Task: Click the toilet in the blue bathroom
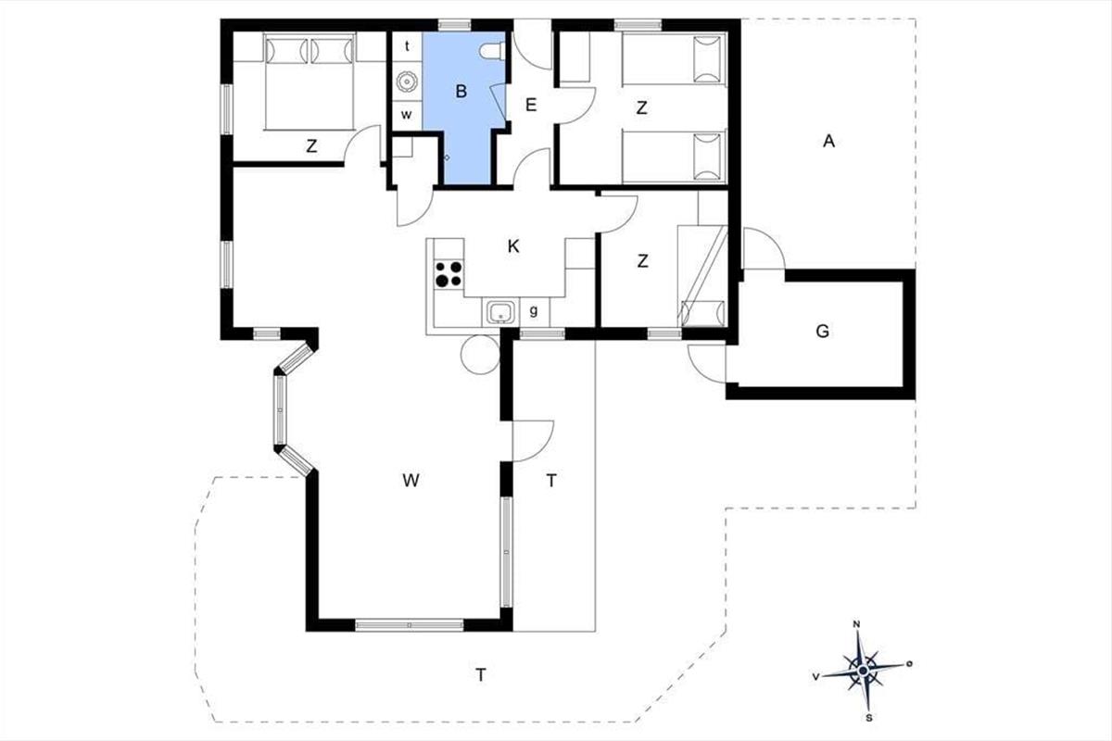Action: pos(492,51)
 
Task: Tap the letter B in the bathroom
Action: pos(461,92)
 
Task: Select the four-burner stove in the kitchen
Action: pos(449,274)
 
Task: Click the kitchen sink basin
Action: pos(500,313)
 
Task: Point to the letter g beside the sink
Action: pos(534,311)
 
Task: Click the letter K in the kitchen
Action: pos(513,246)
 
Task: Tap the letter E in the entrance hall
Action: pos(531,105)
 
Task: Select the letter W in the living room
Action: pos(411,480)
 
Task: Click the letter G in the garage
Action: pos(823,331)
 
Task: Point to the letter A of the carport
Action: pos(828,142)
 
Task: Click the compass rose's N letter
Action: pos(856,624)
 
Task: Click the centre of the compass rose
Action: pos(863,671)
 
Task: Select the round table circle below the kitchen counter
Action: pos(480,355)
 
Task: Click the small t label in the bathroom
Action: pos(407,46)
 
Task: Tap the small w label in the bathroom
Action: pos(407,115)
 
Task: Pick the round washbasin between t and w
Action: pos(407,82)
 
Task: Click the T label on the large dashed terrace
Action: pos(481,675)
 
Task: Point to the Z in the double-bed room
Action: pos(311,146)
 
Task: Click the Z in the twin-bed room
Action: pos(641,107)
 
